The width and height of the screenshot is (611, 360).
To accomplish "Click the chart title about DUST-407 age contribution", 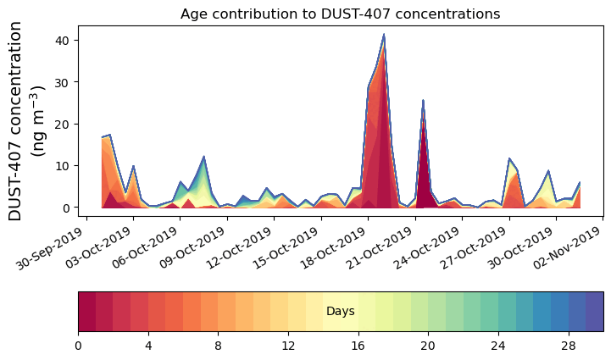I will [340, 14].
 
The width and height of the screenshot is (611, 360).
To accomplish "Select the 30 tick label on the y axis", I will [67, 82].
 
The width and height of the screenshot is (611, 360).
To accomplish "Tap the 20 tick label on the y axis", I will [67, 124].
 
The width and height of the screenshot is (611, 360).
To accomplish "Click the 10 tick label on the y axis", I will [67, 166].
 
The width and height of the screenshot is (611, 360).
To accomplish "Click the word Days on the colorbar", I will [340, 312].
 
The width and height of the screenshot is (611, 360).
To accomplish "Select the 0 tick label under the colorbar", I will [78, 346].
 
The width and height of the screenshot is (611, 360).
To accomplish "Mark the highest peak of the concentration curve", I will [384, 35].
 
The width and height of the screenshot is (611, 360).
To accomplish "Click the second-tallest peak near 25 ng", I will [423, 101].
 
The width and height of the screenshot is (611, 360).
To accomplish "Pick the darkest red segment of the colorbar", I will [86, 312].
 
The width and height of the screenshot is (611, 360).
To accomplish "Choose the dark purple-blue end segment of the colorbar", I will [594, 312].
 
